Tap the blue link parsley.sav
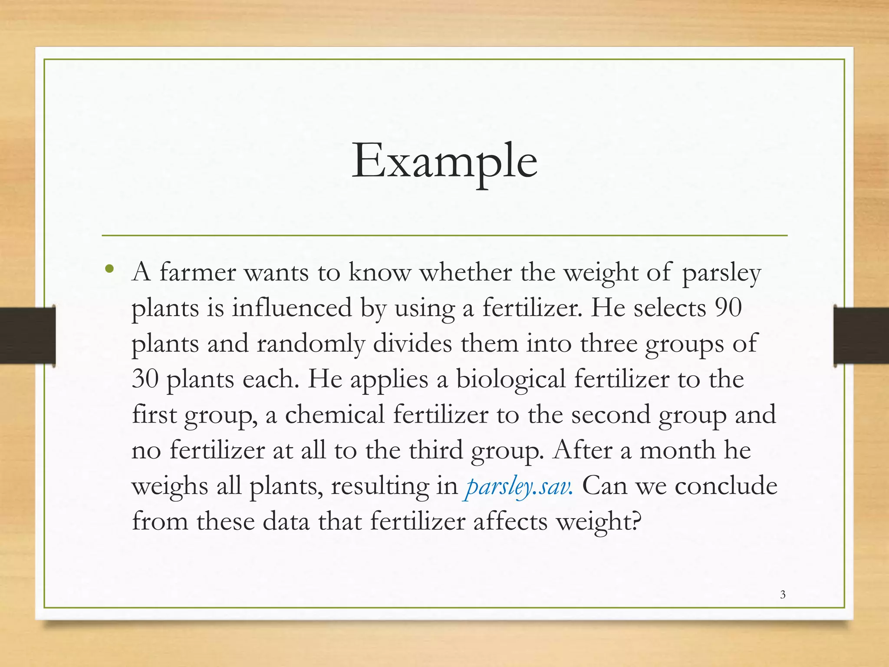[x=519, y=486]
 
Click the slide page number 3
[x=783, y=594]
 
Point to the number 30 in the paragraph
[x=145, y=379]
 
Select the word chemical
[x=334, y=414]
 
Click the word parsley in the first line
[x=721, y=274]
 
